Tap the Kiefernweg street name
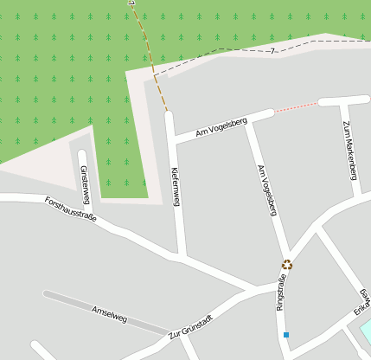coord(176,186)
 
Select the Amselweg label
coord(109,314)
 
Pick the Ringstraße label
coord(280,292)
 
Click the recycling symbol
coord(287,265)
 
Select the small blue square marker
coord(285,334)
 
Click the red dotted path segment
coord(296,106)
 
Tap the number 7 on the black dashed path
coord(272,52)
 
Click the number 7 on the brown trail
coord(132,4)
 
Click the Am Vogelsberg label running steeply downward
coord(267,190)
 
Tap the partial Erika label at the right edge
coord(361,305)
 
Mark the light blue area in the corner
coord(366,331)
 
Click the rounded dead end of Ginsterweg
coord(82,156)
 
